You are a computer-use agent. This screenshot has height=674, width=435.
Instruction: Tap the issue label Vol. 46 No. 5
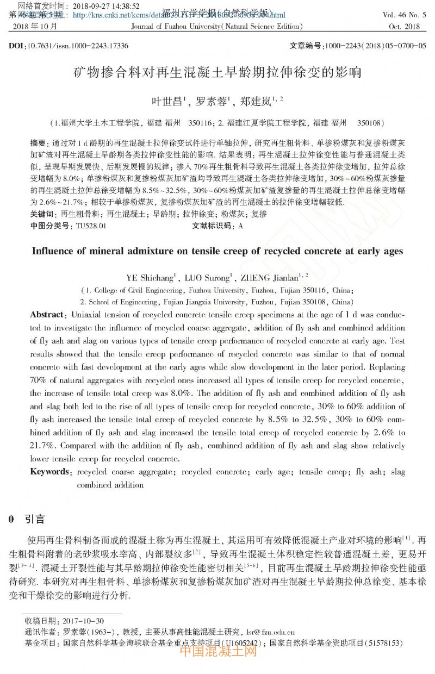tap(405, 16)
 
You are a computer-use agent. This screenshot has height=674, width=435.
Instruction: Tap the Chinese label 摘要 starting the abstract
tap(38, 143)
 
